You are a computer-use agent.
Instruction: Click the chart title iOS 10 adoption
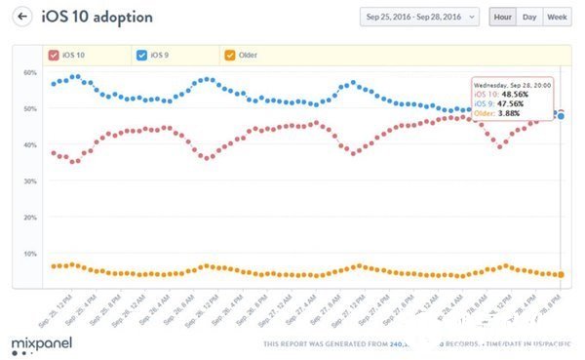97,17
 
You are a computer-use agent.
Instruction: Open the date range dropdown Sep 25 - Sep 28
419,17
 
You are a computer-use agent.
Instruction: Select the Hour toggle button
502,17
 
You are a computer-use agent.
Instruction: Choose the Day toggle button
529,17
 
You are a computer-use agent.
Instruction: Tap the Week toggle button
558,17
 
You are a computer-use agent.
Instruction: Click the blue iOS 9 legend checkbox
143,55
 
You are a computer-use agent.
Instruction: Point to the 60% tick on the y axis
30,73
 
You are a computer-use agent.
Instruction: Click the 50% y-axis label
30,109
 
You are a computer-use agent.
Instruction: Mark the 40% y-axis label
30,145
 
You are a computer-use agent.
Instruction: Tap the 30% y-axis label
30,181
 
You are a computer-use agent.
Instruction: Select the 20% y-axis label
30,218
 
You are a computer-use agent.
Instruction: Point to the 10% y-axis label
30,254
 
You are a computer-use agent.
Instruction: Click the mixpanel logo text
38,343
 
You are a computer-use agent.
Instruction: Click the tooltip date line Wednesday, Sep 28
512,85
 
